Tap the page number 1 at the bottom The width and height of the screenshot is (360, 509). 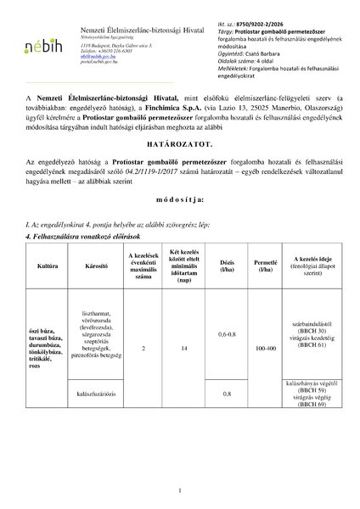click(180, 489)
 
